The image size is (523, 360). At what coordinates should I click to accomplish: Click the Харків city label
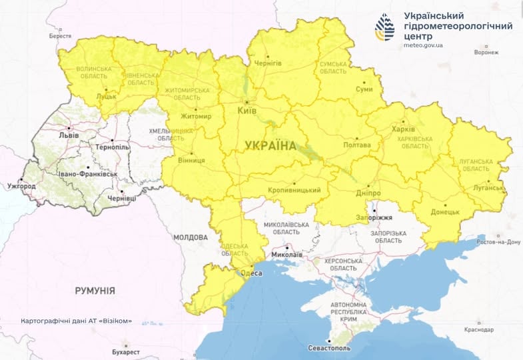click(x=403, y=129)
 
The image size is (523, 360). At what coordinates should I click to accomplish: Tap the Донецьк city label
click(x=446, y=211)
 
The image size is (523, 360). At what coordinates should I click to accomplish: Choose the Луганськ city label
click(x=490, y=188)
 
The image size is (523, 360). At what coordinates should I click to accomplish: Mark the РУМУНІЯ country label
click(x=94, y=291)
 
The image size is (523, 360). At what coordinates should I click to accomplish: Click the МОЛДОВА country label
click(x=191, y=237)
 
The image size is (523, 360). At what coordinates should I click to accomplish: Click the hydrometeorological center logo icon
click(x=386, y=27)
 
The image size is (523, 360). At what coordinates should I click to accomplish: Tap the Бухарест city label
click(x=126, y=351)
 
